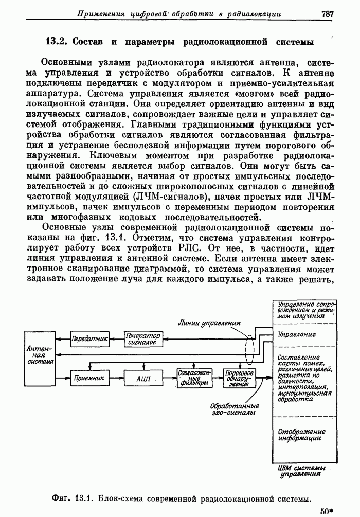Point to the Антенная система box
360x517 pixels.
click(x=40, y=354)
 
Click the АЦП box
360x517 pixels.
click(x=143, y=378)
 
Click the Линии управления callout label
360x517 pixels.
click(x=210, y=324)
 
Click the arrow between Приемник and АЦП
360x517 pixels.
click(x=117, y=378)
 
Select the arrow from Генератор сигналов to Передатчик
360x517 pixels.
click(x=116, y=338)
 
